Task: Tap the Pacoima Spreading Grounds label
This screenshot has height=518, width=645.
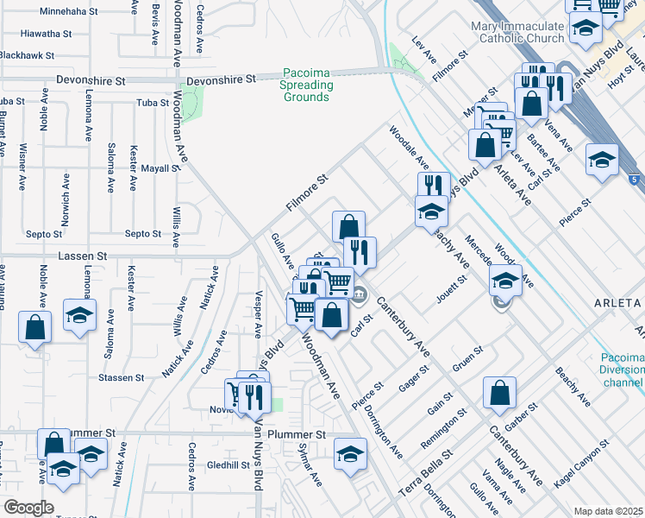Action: pos(306,85)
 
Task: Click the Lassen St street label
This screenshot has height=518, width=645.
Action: pos(82,256)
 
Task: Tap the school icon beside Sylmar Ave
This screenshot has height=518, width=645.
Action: pos(349,453)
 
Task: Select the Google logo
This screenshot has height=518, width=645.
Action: pos(28,508)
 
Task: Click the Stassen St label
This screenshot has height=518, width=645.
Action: pos(120,378)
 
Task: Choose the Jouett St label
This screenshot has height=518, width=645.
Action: pos(453,291)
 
